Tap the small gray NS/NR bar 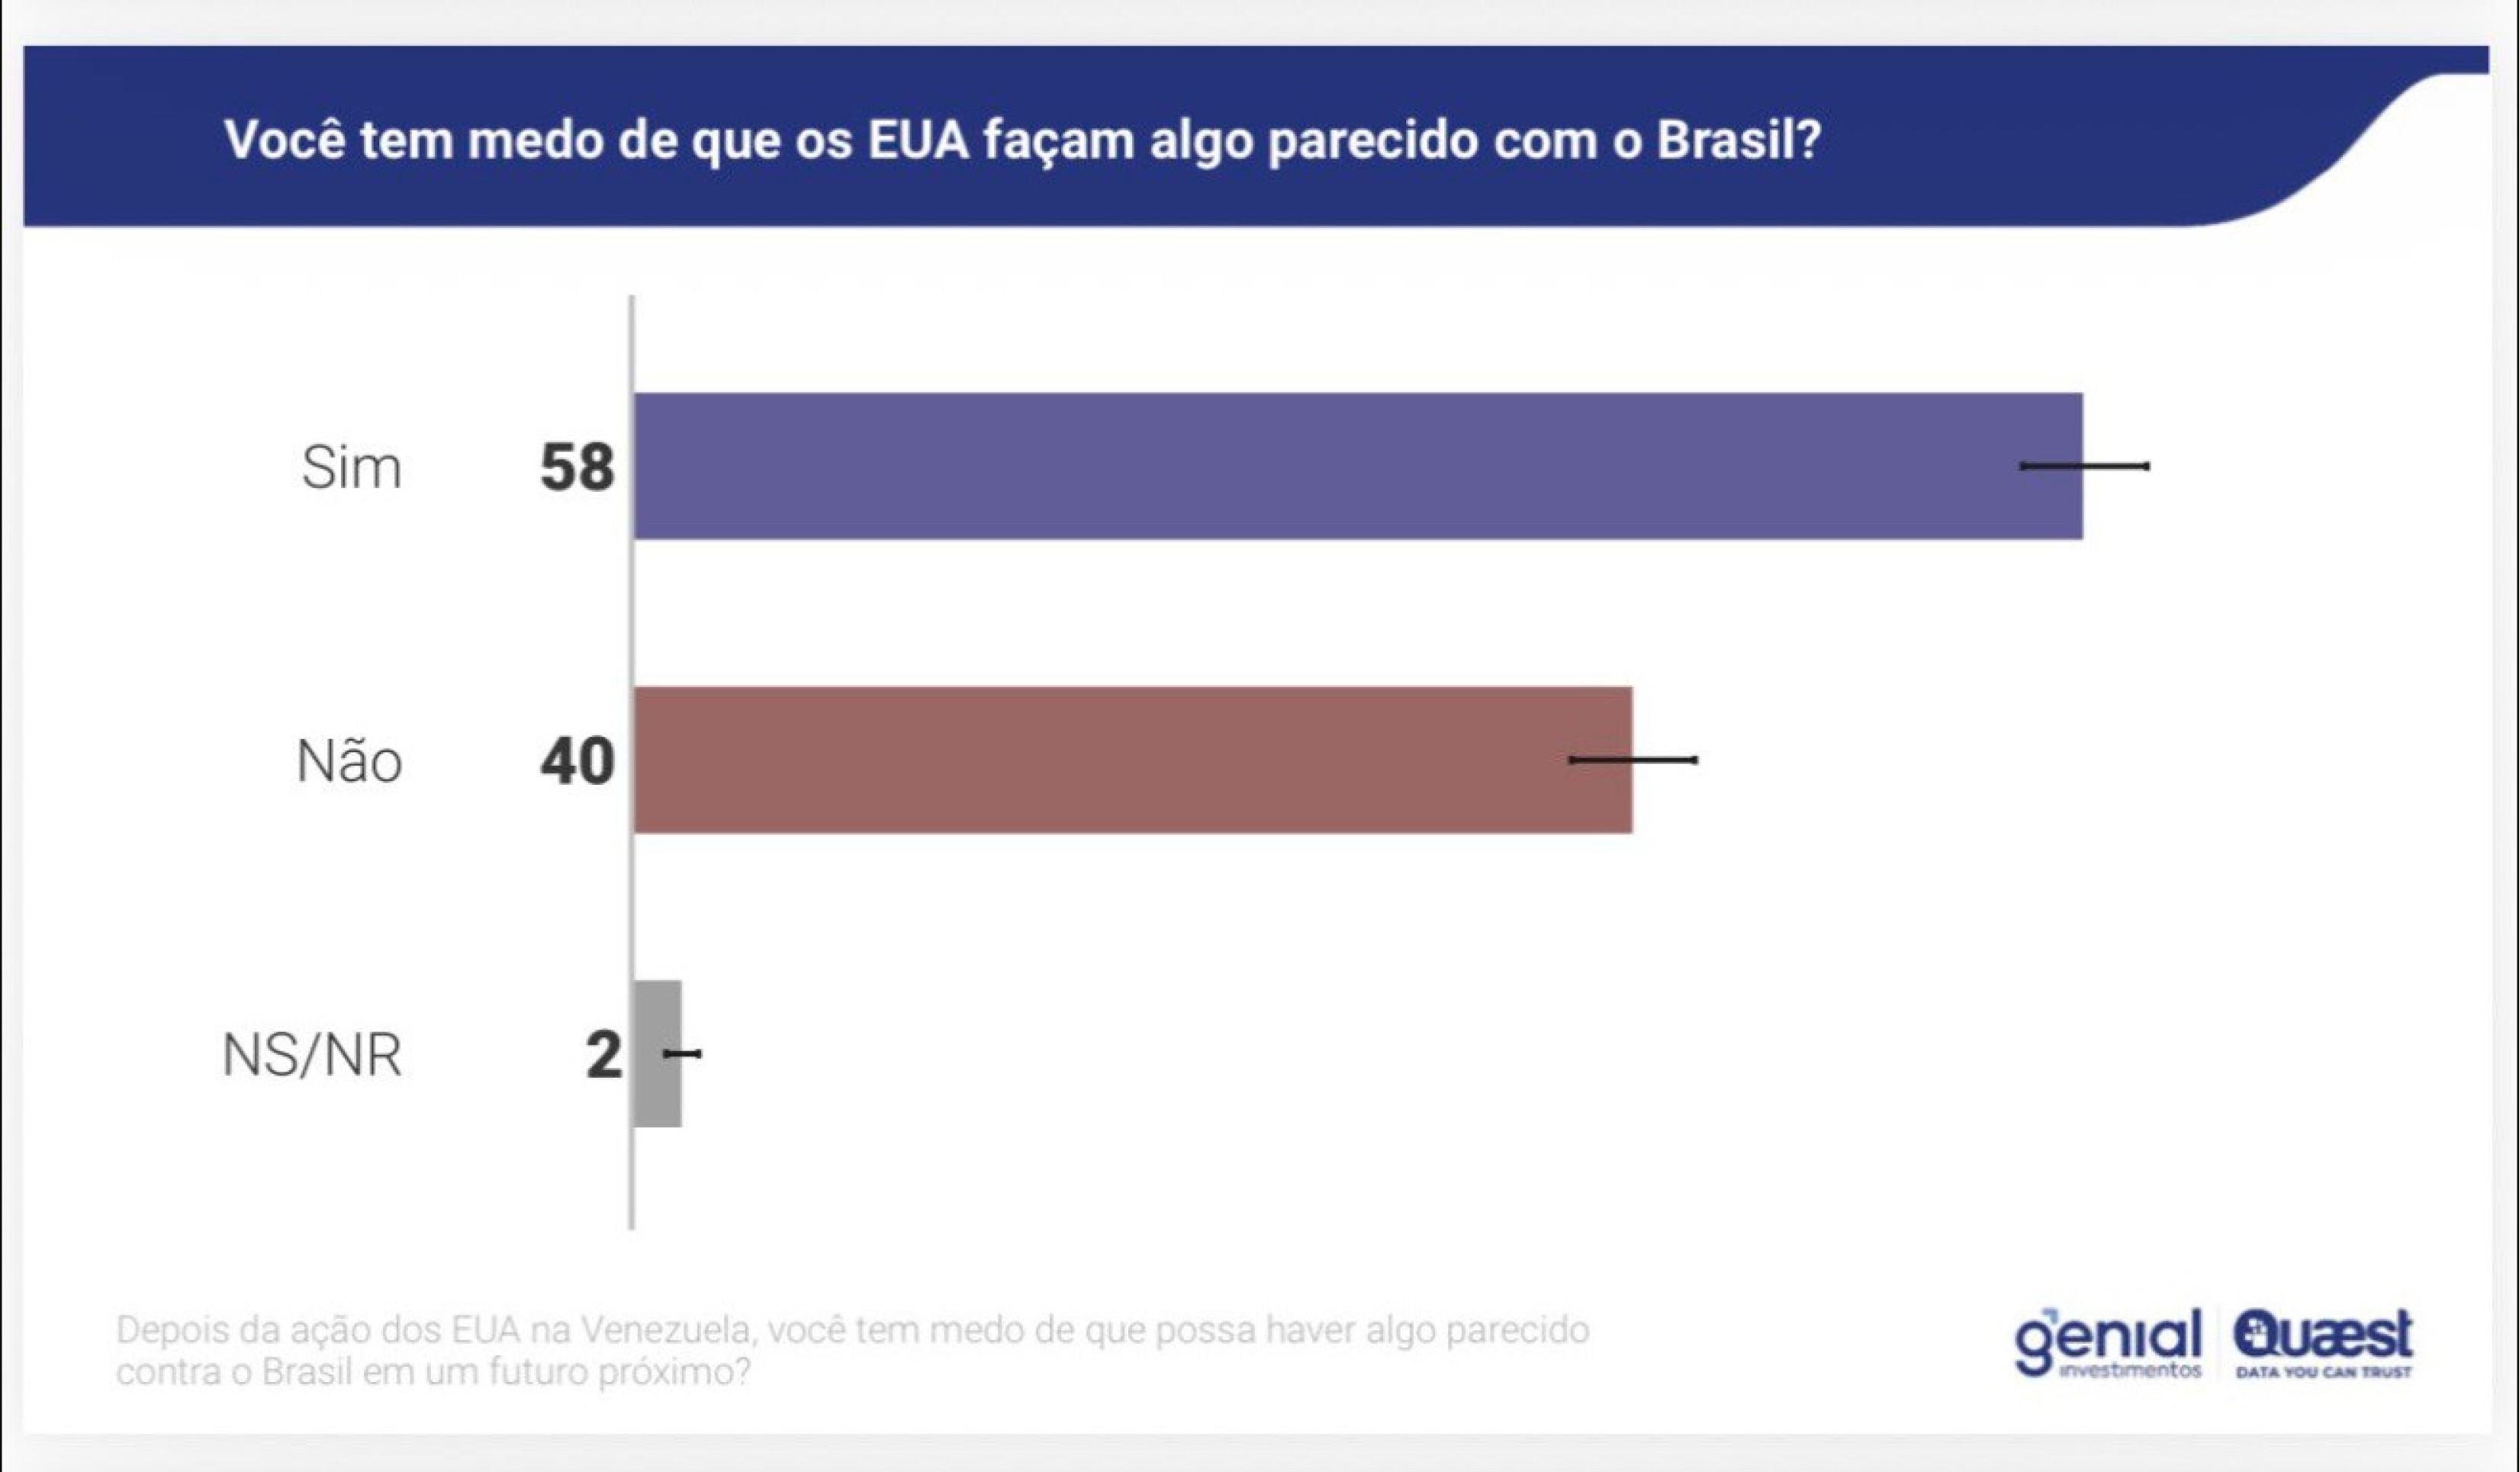[x=656, y=1053]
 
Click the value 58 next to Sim [x=577, y=467]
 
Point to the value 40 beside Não [x=577, y=760]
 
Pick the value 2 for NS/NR [x=603, y=1054]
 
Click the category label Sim [x=351, y=468]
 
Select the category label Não [x=349, y=760]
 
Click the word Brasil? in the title [x=1739, y=140]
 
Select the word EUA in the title [x=918, y=140]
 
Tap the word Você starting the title [x=284, y=140]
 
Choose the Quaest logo [x=2323, y=1333]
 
